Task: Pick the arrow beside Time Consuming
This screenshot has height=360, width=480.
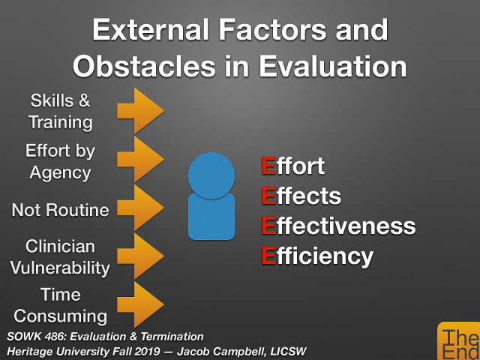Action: click(139, 304)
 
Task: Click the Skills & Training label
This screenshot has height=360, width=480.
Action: click(60, 111)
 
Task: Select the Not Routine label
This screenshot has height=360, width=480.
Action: click(60, 210)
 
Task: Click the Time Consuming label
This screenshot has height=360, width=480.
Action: click(60, 304)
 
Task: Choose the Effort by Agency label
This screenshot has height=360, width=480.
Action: click(60, 160)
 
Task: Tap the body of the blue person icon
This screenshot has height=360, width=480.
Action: click(211, 217)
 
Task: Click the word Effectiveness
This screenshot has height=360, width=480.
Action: click(337, 226)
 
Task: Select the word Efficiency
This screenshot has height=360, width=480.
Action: click(316, 256)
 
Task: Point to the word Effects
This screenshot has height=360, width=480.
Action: click(301, 196)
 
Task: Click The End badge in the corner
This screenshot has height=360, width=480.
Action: click(458, 343)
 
